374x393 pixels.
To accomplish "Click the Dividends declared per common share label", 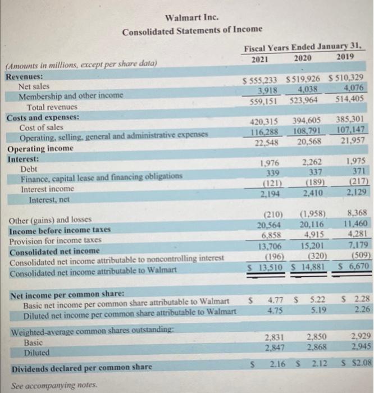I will point(80,367).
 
